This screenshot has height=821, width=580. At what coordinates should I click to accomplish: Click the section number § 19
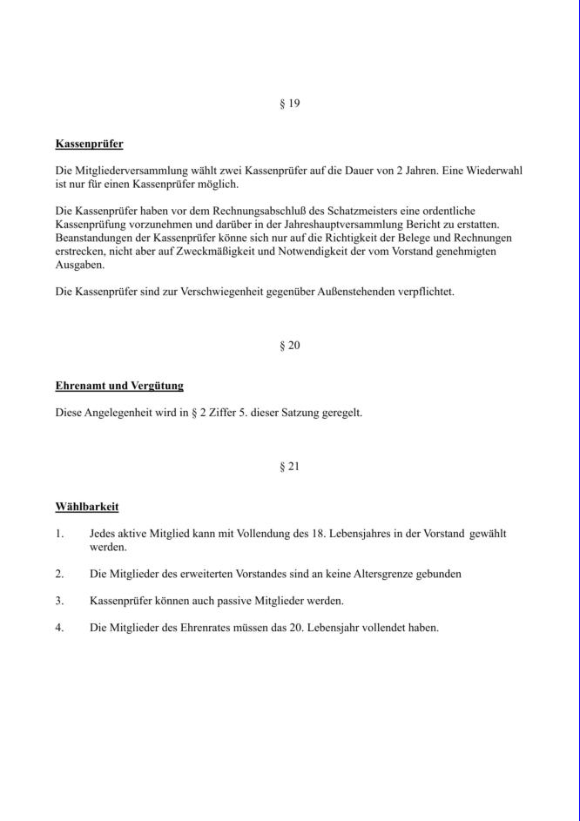(x=289, y=104)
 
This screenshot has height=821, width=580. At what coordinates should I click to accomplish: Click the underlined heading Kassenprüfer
(x=89, y=144)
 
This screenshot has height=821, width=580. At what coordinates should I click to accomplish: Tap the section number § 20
(x=289, y=346)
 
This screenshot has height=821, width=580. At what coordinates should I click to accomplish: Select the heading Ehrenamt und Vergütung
(x=119, y=386)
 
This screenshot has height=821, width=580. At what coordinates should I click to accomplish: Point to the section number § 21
(x=289, y=467)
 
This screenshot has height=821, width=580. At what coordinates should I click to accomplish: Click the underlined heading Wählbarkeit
(x=87, y=507)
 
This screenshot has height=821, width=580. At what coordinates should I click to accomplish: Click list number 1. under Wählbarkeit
(x=59, y=534)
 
